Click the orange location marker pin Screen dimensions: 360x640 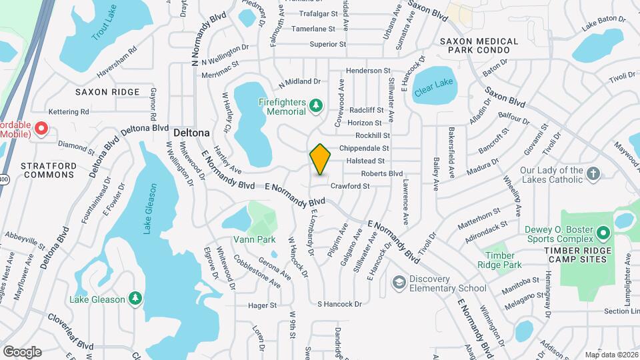(x=321, y=159)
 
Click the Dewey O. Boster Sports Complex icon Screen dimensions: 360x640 (x=603, y=233)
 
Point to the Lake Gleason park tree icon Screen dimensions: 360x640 (x=135, y=298)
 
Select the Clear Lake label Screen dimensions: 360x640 (x=433, y=85)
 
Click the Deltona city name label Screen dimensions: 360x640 (x=192, y=133)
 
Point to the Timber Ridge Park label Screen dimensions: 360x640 (x=500, y=260)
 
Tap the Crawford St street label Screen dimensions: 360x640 (x=350, y=186)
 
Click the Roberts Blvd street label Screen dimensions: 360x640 (x=382, y=173)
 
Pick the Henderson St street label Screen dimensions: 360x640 (x=367, y=70)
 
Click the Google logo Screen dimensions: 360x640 (x=23, y=351)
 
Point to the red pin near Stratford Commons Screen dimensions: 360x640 (x=40, y=128)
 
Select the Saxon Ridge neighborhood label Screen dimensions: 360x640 (x=107, y=92)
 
